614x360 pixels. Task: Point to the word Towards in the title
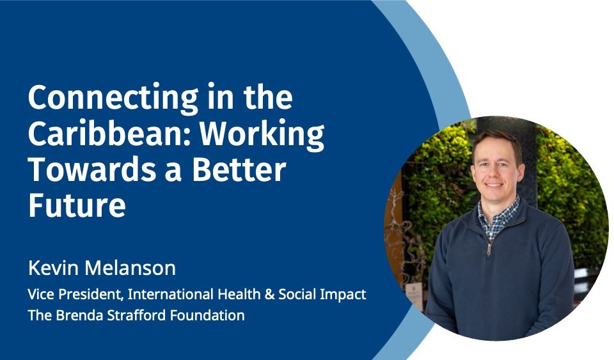tap(92, 169)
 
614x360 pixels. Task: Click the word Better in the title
tap(239, 169)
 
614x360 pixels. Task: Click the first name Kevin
tap(53, 269)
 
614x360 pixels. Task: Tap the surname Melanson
tap(130, 269)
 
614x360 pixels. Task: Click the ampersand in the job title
tap(269, 294)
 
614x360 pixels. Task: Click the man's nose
tap(494, 173)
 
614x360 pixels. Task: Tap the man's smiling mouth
tap(494, 185)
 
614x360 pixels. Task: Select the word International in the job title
tap(170, 294)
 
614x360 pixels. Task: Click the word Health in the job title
tap(239, 294)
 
